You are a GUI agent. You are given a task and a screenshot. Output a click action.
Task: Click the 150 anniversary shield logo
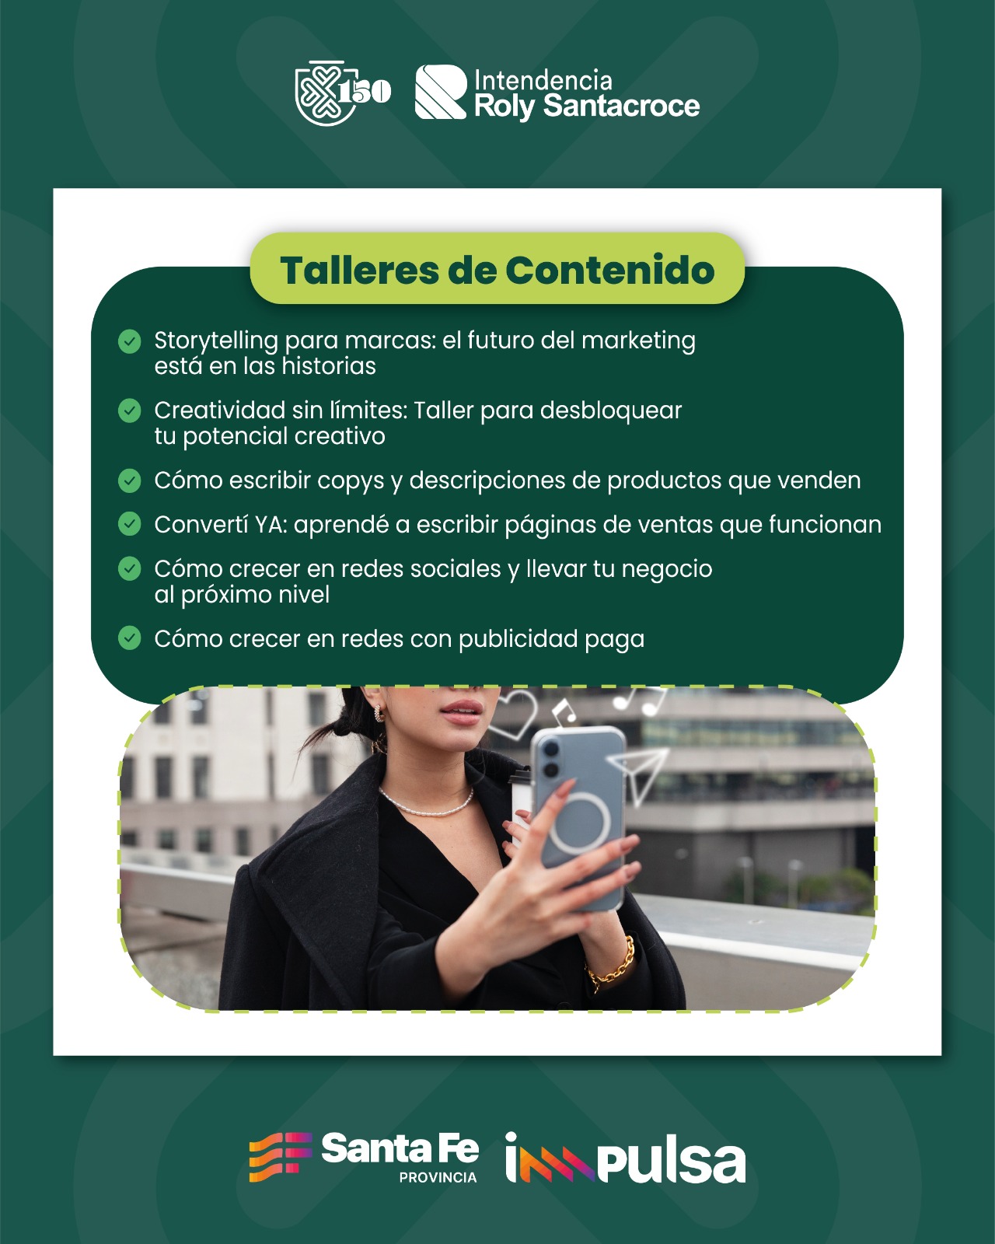(342, 93)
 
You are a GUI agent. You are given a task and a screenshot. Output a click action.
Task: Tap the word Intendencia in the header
(543, 80)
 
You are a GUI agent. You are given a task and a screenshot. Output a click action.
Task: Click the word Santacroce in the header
(622, 107)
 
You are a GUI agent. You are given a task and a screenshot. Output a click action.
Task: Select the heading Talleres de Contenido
(497, 270)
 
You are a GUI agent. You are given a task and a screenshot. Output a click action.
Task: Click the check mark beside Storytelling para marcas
(130, 341)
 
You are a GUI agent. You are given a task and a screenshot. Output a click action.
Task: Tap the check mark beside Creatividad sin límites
(130, 411)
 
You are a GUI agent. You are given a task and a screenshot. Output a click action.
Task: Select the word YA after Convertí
(271, 525)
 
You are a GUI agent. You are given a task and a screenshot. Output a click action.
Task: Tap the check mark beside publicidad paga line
(130, 638)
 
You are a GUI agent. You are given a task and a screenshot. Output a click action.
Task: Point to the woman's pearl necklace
(426, 804)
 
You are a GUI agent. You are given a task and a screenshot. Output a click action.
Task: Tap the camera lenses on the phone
(550, 759)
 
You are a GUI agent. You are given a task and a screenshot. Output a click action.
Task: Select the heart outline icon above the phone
(513, 713)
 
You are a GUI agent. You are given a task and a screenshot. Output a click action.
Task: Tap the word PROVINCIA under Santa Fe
(438, 1177)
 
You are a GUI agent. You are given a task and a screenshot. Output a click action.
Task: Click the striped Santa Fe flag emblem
(281, 1156)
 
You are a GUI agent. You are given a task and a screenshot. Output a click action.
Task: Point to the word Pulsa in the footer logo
(671, 1163)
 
